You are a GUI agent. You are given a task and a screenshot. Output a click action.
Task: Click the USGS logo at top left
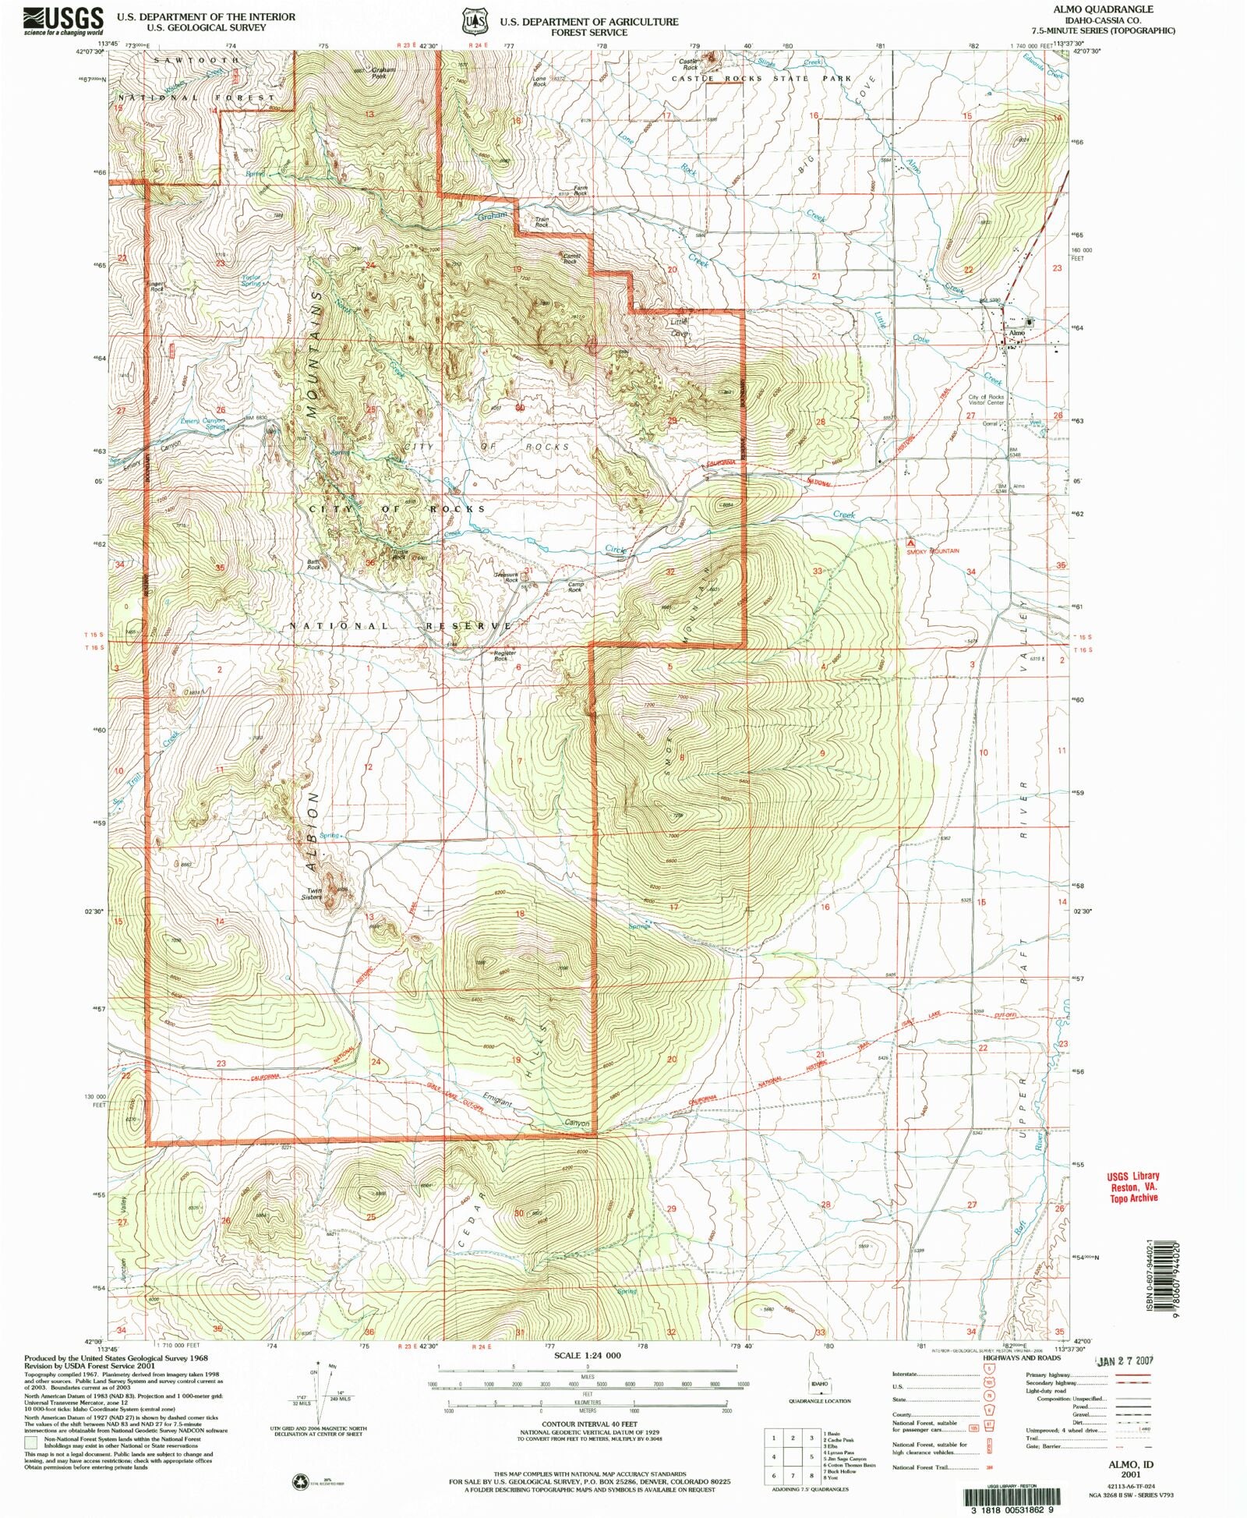[63, 20]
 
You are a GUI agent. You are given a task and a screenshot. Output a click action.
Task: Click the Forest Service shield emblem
[472, 22]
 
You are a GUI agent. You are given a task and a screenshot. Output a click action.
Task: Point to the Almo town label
[1016, 333]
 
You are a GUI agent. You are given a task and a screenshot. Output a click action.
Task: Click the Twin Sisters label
[313, 894]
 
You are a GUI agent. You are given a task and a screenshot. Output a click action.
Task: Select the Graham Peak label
[378, 73]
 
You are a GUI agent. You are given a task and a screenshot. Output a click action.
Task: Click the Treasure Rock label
[507, 578]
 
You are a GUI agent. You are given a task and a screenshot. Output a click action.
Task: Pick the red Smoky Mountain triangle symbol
[910, 542]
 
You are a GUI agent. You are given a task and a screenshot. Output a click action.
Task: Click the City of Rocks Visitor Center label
[986, 400]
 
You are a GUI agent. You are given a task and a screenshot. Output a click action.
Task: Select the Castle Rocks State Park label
[761, 79]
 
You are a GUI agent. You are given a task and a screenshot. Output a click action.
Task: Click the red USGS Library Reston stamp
[1134, 1187]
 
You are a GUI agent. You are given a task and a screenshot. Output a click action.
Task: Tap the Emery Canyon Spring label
[203, 424]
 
